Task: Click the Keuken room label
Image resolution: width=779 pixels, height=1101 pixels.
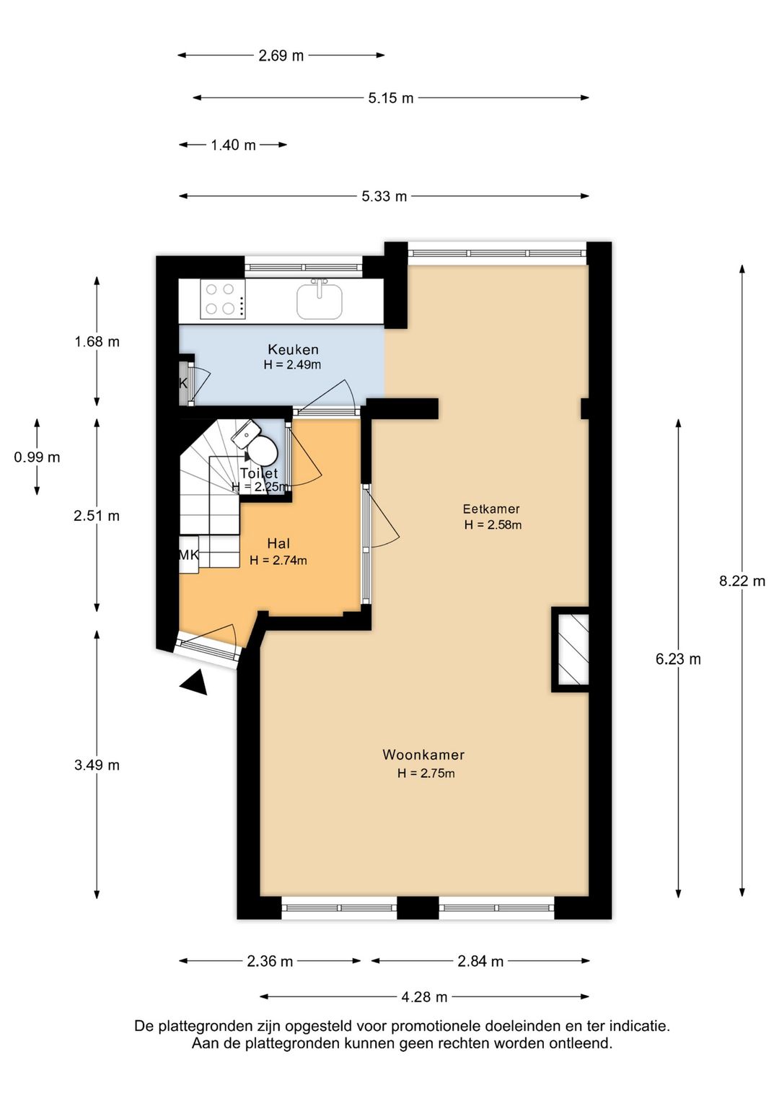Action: point(293,350)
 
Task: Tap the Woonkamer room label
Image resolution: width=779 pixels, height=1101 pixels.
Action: point(423,755)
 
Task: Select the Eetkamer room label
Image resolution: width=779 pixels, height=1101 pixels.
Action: point(491,509)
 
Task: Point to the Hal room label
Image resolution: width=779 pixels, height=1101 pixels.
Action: point(278,543)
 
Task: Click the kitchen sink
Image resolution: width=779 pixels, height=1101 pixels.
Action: point(320,300)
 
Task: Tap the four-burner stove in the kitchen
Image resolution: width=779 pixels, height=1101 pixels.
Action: point(220,299)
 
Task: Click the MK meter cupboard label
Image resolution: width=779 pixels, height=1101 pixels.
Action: point(188,555)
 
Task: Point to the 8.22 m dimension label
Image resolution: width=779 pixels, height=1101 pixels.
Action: point(741,581)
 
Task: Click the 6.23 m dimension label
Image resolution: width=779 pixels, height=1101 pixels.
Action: point(678,659)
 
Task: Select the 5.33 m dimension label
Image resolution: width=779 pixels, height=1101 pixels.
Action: point(384,196)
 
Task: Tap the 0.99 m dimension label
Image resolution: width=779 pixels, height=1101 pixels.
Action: point(37,457)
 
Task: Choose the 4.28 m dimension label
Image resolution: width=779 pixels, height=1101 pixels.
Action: point(424,997)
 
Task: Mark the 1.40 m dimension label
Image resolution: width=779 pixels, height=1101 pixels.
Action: point(233,145)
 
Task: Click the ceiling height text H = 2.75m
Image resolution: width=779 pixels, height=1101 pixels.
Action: point(426,773)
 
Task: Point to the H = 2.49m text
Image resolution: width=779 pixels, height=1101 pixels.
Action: point(292,365)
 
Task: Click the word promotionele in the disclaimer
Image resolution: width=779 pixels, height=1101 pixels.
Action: point(436,1025)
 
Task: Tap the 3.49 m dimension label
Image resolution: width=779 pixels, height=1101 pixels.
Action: point(97,766)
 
